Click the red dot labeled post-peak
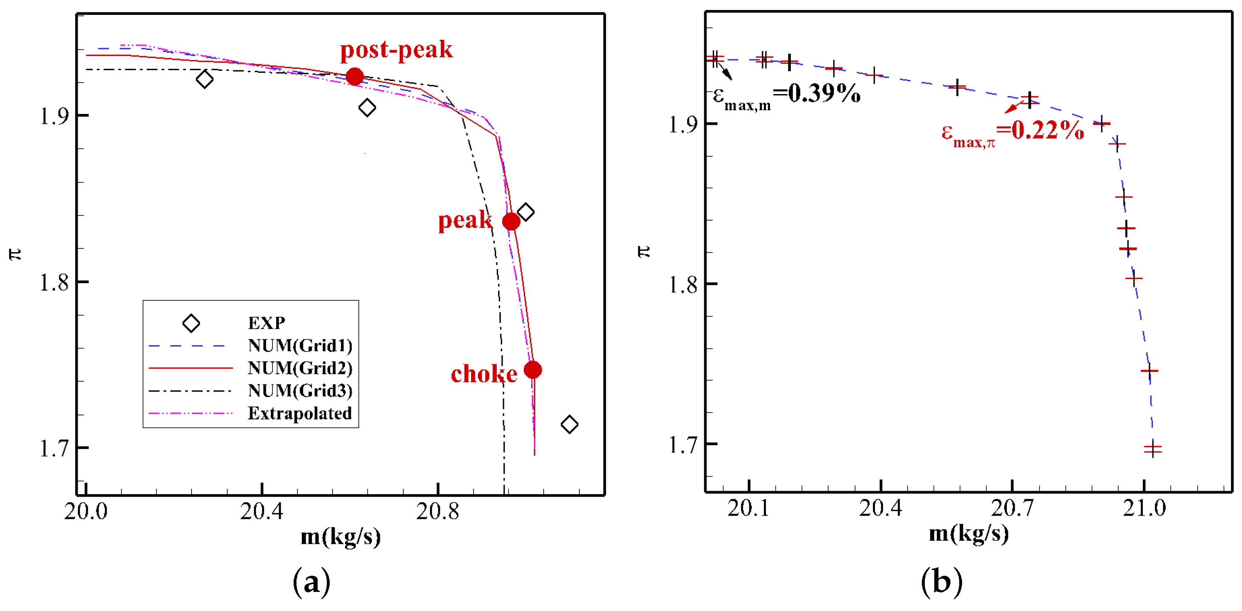(355, 77)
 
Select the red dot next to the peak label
(511, 222)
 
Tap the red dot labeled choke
(533, 370)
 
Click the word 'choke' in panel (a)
(484, 374)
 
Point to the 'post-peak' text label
(396, 50)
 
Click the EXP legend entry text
(266, 323)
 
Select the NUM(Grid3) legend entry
(300, 390)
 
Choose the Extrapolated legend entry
(299, 413)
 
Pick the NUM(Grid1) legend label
(300, 345)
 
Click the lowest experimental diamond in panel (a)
(569, 424)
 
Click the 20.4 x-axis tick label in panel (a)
(261, 511)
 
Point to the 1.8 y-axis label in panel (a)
(54, 282)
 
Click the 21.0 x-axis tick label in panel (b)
(1144, 508)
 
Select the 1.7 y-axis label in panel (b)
(683, 444)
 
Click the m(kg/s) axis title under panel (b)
(969, 534)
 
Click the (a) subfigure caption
(312, 582)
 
